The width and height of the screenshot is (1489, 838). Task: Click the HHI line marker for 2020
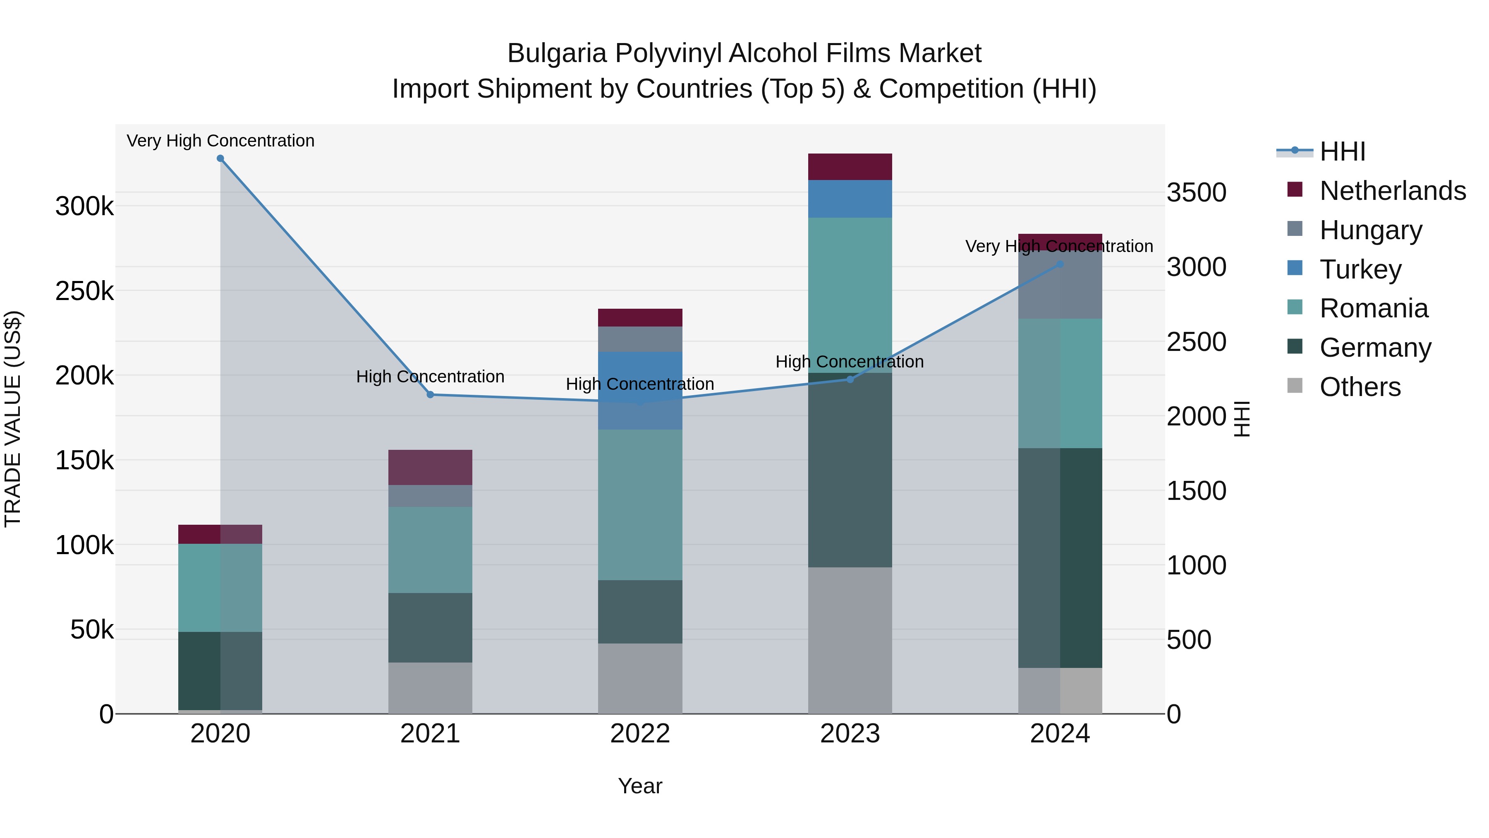(x=220, y=158)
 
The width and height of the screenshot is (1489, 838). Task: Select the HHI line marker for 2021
(x=430, y=394)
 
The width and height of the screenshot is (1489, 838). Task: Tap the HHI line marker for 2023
(x=850, y=379)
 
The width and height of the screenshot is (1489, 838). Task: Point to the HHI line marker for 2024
(x=1060, y=264)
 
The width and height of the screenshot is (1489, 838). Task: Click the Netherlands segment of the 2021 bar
(x=430, y=467)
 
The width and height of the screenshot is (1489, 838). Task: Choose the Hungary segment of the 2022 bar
(x=640, y=339)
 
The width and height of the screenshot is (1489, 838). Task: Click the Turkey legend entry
(x=1360, y=269)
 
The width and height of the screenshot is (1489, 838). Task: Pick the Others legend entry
(x=1360, y=387)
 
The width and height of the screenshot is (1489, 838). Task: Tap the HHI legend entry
(x=1342, y=151)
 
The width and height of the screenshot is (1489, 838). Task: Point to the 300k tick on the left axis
(x=84, y=206)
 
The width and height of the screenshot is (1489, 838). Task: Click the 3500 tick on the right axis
(x=1196, y=192)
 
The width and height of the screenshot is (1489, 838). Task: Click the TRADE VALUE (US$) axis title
(x=13, y=419)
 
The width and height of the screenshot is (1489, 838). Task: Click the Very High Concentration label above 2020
(x=220, y=141)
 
